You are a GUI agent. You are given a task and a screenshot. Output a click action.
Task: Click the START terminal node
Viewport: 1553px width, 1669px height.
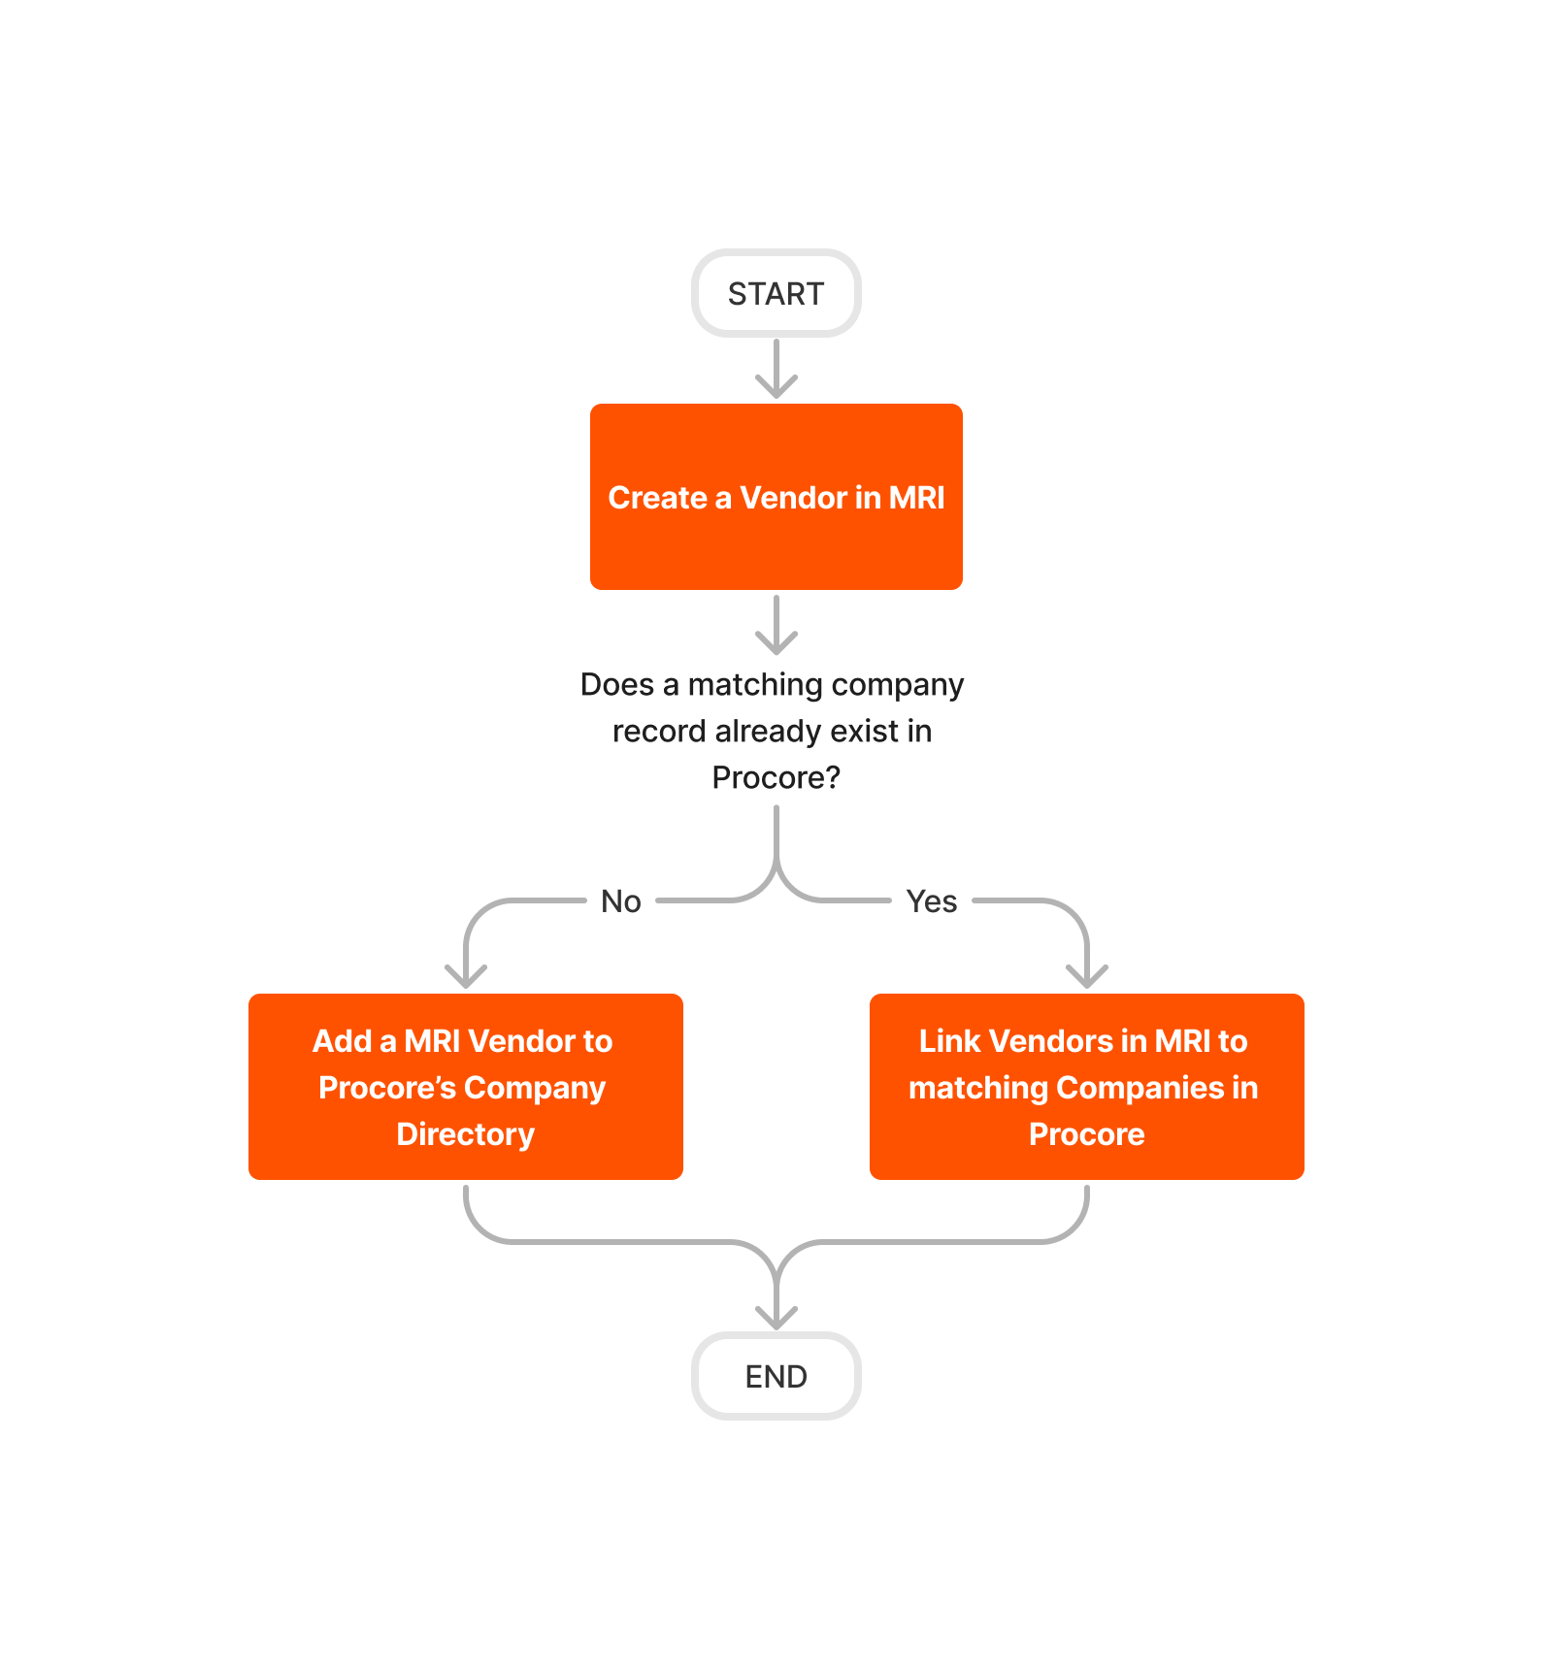(776, 293)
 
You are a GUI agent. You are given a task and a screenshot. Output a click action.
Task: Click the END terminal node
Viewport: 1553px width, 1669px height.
(776, 1376)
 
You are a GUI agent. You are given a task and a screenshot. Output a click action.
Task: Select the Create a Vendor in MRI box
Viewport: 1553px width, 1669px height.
(776, 497)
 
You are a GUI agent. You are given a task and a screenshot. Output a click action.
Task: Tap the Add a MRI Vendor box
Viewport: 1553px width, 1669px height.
(466, 1087)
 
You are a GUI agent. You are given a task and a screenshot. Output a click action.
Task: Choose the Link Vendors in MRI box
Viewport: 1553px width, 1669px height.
(1087, 1087)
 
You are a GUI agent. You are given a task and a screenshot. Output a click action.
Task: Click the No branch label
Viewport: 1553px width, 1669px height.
(621, 901)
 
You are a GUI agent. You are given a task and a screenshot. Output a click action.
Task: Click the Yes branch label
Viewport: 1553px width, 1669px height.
(932, 901)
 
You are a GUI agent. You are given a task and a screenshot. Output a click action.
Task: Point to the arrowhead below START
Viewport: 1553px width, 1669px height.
(776, 386)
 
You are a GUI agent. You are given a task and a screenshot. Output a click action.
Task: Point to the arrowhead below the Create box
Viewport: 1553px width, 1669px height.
(776, 642)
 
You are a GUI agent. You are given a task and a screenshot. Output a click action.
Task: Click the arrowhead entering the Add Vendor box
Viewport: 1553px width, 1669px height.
(466, 976)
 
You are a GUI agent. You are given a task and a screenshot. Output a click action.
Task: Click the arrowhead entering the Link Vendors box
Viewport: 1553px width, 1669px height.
(1087, 976)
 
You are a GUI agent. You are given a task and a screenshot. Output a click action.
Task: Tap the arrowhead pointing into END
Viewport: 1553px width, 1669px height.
(776, 1318)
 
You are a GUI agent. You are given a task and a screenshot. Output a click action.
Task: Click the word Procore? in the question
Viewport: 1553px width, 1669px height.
(776, 777)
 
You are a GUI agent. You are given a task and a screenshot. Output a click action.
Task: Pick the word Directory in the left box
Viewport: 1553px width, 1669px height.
(466, 1133)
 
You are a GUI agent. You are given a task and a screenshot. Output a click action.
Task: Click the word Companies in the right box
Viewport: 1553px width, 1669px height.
(1140, 1088)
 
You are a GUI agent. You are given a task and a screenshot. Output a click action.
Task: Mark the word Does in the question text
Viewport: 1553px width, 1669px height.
(617, 684)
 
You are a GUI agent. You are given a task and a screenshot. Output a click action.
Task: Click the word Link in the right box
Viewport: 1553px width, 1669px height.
(949, 1041)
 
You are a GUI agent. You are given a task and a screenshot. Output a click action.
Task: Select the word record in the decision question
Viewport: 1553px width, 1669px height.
(659, 731)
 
